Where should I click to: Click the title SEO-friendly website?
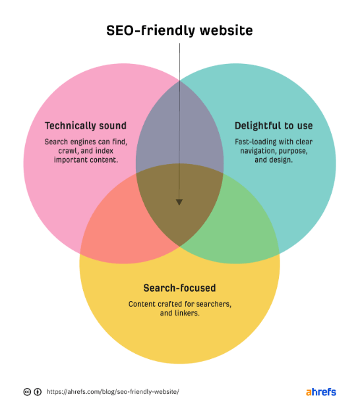[x=179, y=30]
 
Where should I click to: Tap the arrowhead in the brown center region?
[x=179, y=202]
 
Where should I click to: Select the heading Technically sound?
[x=86, y=126]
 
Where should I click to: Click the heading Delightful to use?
[x=274, y=126]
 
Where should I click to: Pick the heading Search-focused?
[x=180, y=288]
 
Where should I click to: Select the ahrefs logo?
[x=321, y=392]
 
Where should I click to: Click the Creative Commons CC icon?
[x=27, y=392]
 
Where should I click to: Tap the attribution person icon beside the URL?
[x=38, y=392]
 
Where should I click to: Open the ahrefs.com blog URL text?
[x=113, y=392]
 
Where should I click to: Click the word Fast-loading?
[x=252, y=142]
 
